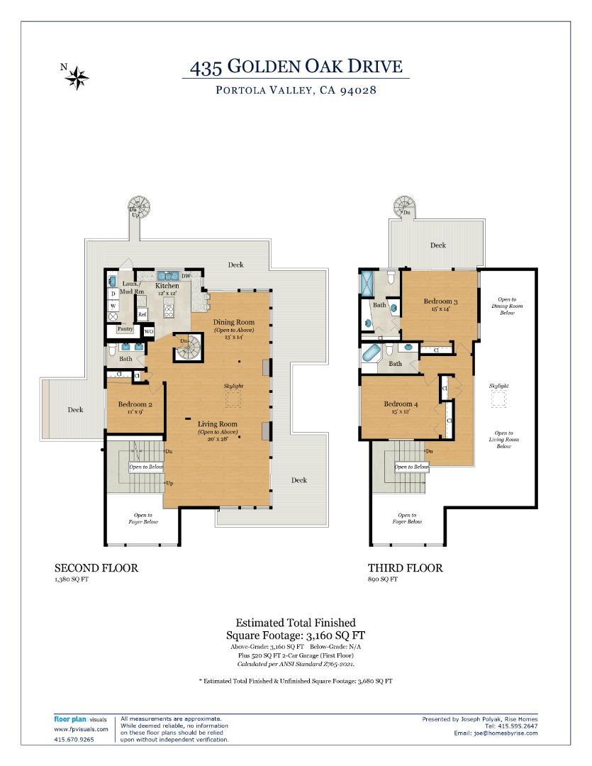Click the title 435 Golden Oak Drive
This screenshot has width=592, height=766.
296,67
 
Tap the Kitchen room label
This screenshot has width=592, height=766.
167,286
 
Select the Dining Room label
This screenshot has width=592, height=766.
234,323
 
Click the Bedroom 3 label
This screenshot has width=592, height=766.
440,301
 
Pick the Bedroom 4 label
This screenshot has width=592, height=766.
401,404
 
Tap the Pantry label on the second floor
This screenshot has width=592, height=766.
125,329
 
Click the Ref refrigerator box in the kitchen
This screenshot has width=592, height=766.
143,314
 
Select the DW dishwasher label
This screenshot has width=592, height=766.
186,276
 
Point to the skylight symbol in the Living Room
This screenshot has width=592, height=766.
233,399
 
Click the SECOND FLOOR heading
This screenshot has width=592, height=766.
96,568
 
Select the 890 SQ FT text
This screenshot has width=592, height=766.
383,579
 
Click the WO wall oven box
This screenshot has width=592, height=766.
149,331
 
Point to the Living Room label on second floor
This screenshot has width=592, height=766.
217,424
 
